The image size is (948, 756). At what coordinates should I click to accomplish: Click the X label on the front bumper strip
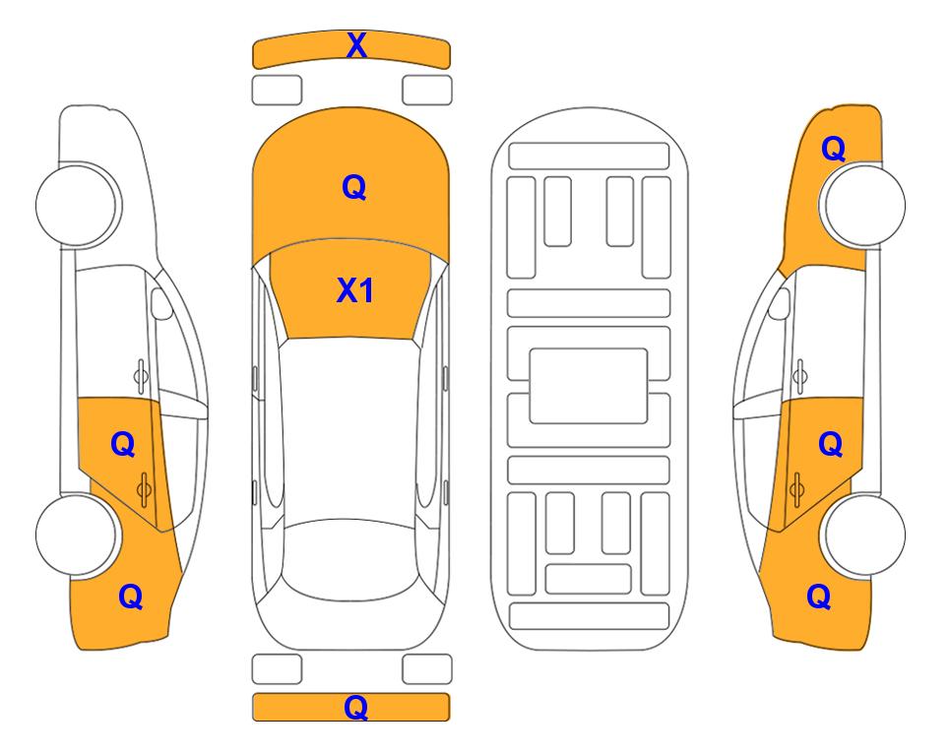pos(356,45)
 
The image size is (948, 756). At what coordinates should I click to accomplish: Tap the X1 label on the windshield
pos(355,290)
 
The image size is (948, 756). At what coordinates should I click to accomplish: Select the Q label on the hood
pos(354,187)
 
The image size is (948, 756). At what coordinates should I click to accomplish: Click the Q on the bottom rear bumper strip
pos(355,707)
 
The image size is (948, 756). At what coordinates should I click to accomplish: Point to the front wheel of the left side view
pos(77,205)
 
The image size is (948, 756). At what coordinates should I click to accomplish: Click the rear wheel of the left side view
pos(77,535)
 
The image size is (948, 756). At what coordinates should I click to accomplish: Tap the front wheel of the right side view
pos(863,205)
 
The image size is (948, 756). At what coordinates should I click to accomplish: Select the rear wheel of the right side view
pos(863,535)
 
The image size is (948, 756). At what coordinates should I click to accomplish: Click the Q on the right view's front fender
pos(833,149)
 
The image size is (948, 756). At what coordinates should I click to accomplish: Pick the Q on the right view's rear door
pos(830,445)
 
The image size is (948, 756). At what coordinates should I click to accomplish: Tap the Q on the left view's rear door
pos(123,445)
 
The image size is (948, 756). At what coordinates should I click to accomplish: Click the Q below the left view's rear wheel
pos(131,597)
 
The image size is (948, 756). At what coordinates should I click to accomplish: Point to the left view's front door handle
pos(141,376)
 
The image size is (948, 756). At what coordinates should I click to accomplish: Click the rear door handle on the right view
pos(796,489)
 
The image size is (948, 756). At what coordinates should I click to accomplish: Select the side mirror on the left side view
pos(160,303)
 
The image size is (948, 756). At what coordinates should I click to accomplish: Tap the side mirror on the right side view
pos(780,303)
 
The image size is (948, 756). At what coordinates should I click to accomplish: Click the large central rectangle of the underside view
pos(589,386)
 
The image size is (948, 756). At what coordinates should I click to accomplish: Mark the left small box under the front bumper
pos(277,91)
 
